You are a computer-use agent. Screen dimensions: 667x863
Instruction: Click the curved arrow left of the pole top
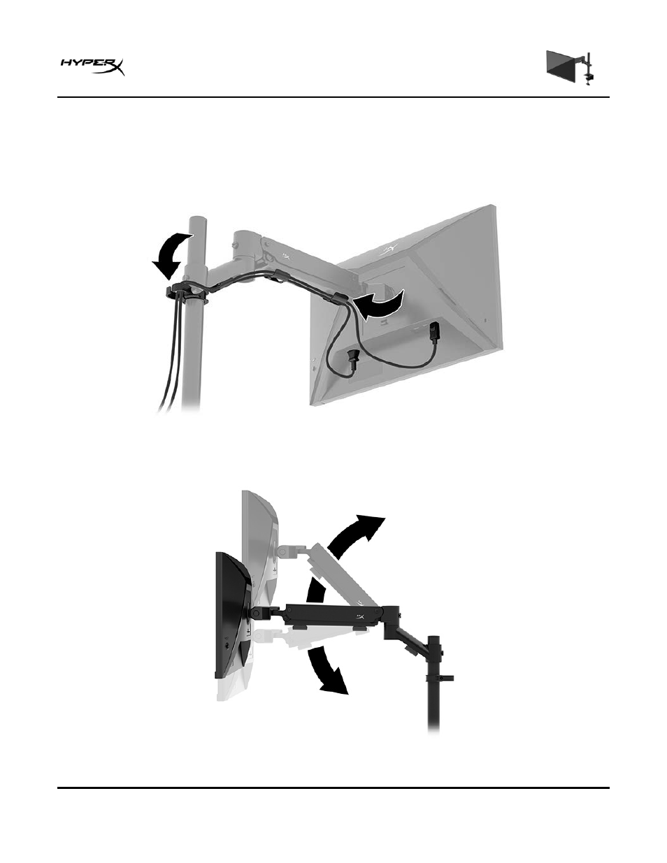[170, 255]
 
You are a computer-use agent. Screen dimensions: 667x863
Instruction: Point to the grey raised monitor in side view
[260, 540]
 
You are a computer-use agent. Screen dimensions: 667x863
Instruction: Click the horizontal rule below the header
[333, 97]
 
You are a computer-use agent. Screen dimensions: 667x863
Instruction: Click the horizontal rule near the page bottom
[333, 787]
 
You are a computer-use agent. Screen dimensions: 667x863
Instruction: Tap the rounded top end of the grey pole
[197, 220]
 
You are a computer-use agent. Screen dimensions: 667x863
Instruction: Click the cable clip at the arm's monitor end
[339, 298]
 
